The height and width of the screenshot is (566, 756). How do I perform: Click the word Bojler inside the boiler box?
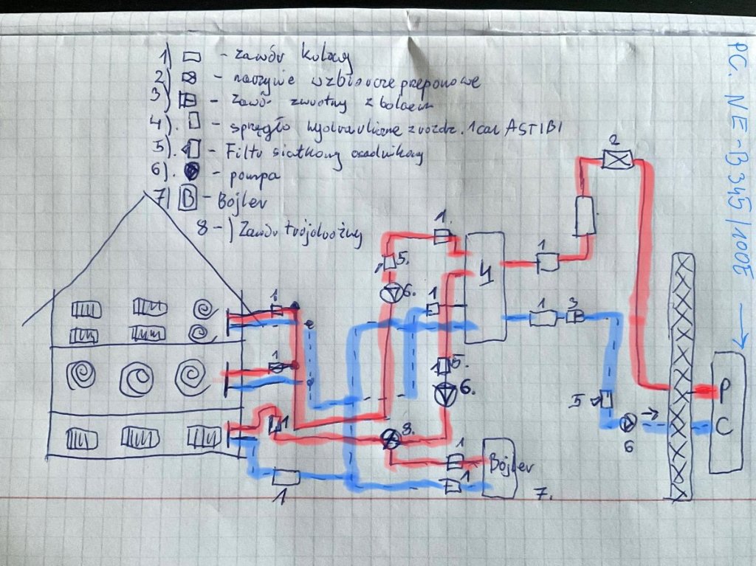click(x=509, y=466)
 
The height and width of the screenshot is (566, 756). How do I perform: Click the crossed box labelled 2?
click(x=612, y=159)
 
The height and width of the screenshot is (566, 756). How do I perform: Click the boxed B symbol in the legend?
click(x=187, y=199)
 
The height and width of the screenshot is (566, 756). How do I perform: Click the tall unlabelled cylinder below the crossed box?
click(x=585, y=216)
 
